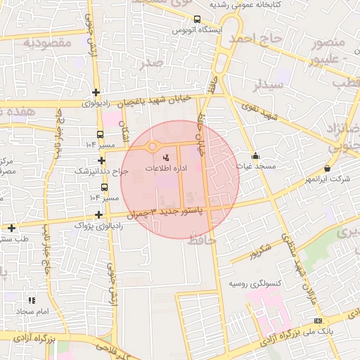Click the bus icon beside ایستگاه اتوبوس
coord(197,20)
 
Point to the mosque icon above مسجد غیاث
coord(255,156)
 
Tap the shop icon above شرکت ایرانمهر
coord(327,168)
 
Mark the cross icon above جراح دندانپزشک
coord(102,160)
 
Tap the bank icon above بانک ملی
coord(317,321)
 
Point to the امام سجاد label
coord(32,311)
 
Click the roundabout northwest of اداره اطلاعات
coord(152,146)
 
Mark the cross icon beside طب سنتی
coord(11,227)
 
